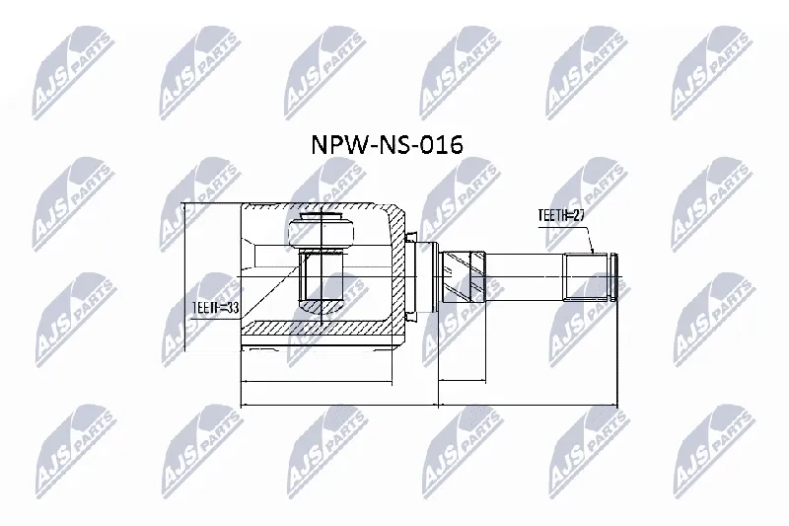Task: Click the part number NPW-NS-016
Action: pos(387,145)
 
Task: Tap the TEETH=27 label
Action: pos(561,215)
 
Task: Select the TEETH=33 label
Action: pos(216,308)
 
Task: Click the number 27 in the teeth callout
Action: pos(578,215)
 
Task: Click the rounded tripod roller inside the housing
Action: pos(321,232)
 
